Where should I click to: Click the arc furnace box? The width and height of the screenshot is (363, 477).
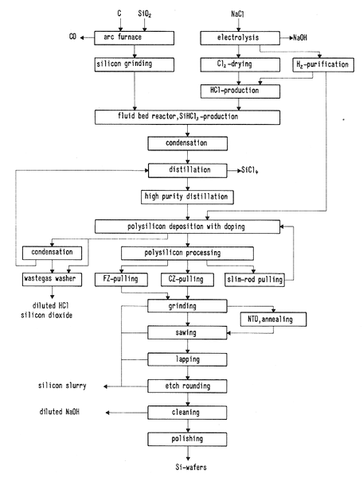(134, 37)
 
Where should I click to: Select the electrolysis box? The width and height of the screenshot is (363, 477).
(240, 37)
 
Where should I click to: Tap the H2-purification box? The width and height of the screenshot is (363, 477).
(323, 65)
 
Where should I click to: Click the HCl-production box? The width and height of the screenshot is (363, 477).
(240, 91)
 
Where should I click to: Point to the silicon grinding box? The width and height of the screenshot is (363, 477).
(135, 64)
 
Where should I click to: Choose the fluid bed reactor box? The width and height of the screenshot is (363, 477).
(187, 118)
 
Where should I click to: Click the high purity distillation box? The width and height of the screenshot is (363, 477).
(187, 197)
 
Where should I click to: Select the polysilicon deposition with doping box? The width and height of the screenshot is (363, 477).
(187, 227)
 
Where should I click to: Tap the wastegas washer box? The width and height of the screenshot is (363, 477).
(52, 279)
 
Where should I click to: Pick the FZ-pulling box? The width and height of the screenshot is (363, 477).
(121, 280)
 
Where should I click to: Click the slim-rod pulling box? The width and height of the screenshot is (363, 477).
(255, 280)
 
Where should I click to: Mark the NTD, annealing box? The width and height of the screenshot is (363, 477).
(273, 320)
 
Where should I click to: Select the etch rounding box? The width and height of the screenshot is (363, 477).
(187, 386)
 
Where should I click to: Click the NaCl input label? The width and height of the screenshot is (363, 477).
(237, 14)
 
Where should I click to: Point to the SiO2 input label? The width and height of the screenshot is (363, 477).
(145, 14)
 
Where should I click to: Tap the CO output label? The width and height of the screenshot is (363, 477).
(72, 37)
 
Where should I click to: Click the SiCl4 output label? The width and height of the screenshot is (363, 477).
(250, 170)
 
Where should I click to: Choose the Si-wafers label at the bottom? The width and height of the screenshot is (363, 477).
(191, 467)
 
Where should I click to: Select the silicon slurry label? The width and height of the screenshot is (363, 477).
(62, 386)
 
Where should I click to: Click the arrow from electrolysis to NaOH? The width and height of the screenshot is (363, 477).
(287, 38)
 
